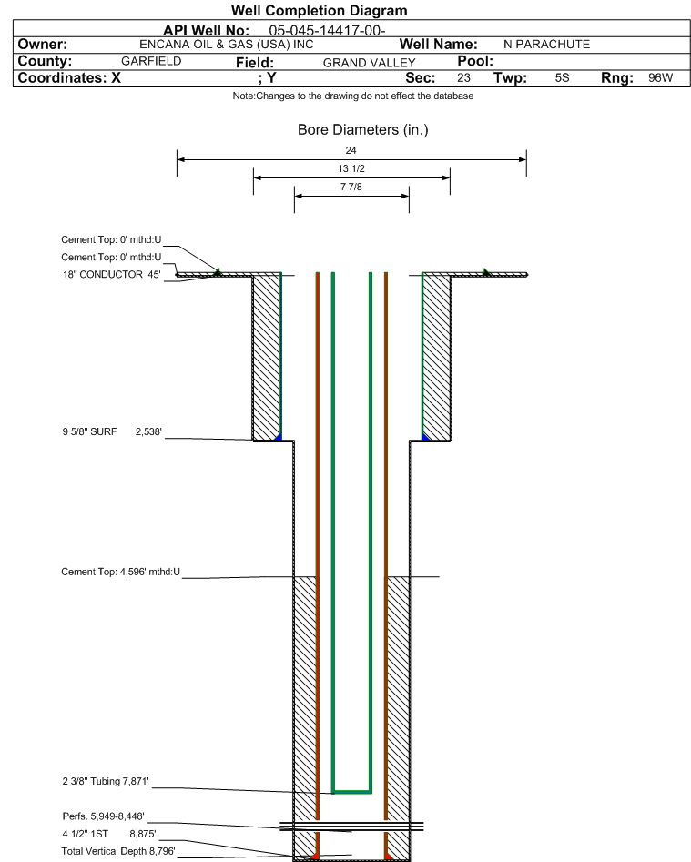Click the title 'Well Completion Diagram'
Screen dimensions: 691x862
coord(319,10)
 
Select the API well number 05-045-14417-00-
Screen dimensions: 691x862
coord(327,30)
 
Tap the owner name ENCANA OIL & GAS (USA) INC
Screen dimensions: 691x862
coord(227,45)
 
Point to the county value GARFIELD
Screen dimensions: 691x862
coord(151,61)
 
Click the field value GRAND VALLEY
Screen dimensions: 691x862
coord(369,63)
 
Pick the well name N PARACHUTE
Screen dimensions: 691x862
coord(546,45)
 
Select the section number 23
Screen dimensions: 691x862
coord(463,77)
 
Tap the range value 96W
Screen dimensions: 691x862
coord(660,77)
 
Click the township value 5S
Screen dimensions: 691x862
coord(562,77)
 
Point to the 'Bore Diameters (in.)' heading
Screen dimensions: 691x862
coord(363,130)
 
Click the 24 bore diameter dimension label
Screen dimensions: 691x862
coord(351,150)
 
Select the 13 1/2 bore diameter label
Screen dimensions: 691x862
coord(351,168)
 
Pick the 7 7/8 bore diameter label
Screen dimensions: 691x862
coord(351,187)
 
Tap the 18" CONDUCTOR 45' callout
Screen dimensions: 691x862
coord(112,274)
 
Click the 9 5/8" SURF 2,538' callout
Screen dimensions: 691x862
coord(112,431)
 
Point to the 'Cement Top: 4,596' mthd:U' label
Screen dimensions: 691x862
coord(120,572)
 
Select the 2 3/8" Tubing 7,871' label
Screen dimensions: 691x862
coord(106,781)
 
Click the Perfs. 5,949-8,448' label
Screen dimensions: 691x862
coord(104,816)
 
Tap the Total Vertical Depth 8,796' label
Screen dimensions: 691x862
coord(118,851)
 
